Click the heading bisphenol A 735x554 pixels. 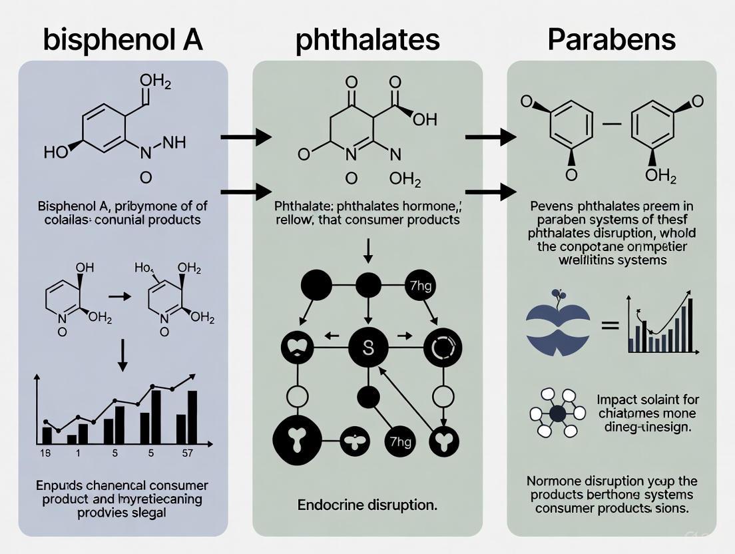(123, 39)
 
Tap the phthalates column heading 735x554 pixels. (367, 39)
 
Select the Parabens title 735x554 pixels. (611, 39)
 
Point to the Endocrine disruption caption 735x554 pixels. (367, 505)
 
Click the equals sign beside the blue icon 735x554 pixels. (610, 326)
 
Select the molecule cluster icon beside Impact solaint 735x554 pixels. (557, 413)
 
